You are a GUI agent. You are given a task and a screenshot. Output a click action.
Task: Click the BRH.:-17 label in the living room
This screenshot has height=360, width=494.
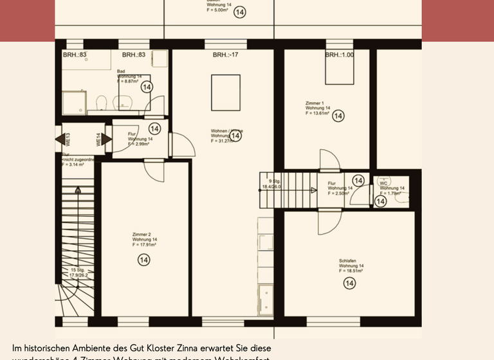(x=225, y=55)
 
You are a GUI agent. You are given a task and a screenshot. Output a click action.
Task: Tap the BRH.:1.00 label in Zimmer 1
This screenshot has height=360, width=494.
(x=339, y=55)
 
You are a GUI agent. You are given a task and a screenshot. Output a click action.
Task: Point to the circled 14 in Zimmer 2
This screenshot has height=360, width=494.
(x=143, y=260)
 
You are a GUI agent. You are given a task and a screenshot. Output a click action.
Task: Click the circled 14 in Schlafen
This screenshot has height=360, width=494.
(x=350, y=283)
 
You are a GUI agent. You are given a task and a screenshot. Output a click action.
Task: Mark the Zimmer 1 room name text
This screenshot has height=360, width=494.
(x=315, y=103)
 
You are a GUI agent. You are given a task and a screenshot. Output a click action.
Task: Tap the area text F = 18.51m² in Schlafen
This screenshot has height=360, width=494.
(x=352, y=271)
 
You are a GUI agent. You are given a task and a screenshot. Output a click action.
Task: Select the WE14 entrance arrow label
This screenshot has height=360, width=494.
(x=99, y=139)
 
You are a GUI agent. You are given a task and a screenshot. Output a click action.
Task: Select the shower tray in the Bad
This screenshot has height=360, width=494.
(x=73, y=102)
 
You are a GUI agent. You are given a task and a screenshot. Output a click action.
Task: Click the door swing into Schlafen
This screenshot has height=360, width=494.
(x=327, y=222)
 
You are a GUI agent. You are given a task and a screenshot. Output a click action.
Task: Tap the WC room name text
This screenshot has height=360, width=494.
(x=383, y=183)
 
